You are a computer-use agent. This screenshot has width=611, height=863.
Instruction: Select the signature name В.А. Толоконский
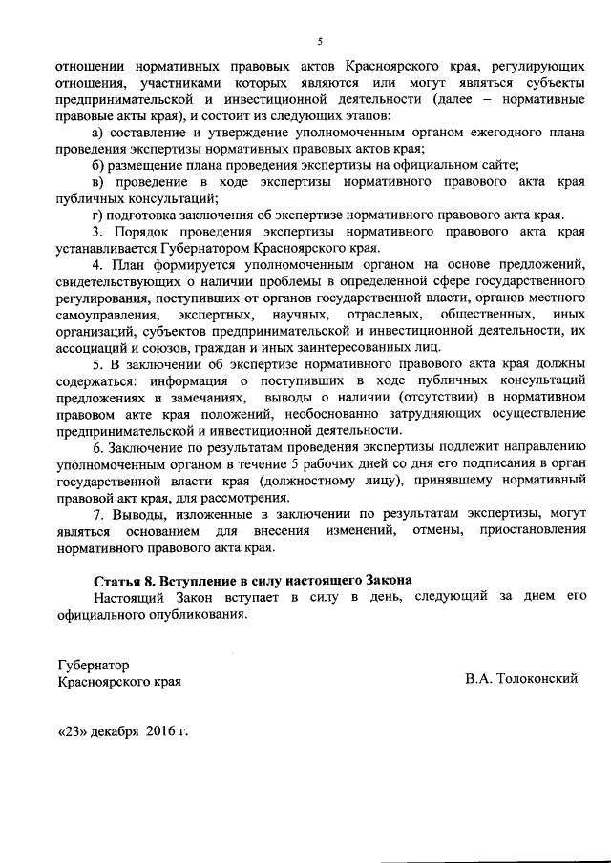(x=522, y=679)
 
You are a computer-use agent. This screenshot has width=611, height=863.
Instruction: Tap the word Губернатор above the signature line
(x=94, y=664)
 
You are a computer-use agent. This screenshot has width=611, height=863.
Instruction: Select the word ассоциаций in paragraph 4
(x=91, y=348)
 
